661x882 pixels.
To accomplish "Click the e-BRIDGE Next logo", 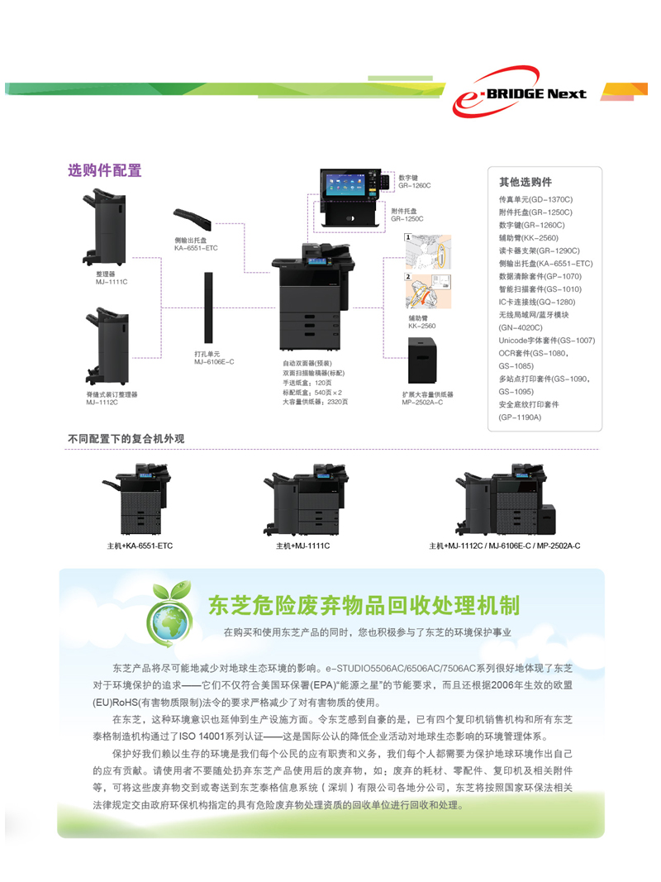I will coord(521,93).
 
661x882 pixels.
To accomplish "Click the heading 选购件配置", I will coord(104,171).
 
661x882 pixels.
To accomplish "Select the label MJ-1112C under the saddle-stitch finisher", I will coord(102,402).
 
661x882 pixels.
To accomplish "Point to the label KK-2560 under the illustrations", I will coord(421,327).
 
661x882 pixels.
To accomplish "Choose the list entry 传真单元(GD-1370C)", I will coord(535,199).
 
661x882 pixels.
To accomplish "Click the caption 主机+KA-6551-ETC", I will coord(140,546).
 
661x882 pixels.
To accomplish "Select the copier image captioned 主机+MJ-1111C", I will coord(302,505).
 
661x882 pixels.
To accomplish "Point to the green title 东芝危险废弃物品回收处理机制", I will coord(364,605).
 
